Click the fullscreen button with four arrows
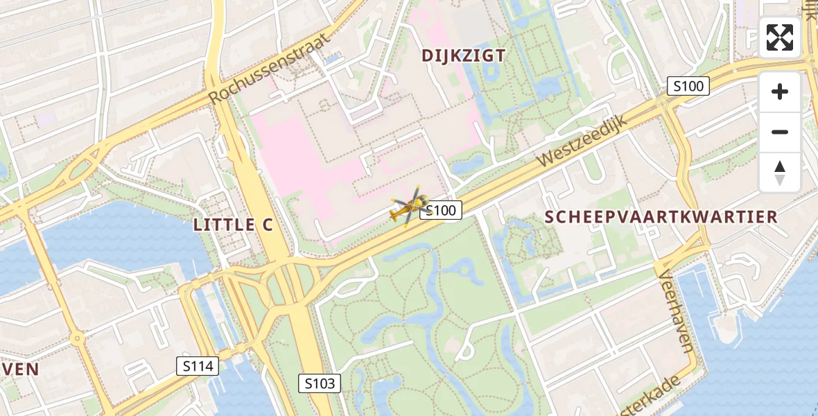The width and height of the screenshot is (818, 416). [x=780, y=37]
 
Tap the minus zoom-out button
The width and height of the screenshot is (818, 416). [x=780, y=132]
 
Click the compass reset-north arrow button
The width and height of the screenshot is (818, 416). [x=780, y=172]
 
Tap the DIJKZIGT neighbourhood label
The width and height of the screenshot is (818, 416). [x=464, y=55]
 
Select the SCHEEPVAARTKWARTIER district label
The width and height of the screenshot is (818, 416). [x=661, y=216]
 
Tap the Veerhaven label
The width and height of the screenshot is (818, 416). [x=675, y=311]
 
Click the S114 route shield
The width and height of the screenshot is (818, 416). [x=198, y=366]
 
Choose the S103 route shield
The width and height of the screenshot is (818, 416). [x=320, y=383]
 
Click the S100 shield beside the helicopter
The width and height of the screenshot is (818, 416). [x=441, y=211]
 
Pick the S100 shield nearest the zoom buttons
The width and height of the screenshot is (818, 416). [x=688, y=86]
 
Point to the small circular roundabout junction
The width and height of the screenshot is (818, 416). [x=77, y=338]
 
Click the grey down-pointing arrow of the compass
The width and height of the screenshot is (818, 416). [x=780, y=180]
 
